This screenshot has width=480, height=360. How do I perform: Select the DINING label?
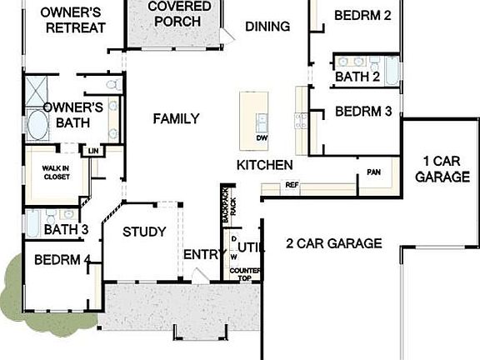point(267,27)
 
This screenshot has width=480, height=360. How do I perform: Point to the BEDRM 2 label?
point(362,15)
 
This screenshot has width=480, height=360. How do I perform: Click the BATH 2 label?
point(358,77)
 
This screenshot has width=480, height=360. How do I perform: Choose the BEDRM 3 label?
point(362,111)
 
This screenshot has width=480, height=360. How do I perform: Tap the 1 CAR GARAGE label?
point(442,168)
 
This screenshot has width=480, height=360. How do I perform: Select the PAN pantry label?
point(374,173)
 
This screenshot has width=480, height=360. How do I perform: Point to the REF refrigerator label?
point(292,185)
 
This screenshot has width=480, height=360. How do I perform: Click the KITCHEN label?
point(264,165)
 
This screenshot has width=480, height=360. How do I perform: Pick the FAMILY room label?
point(176,119)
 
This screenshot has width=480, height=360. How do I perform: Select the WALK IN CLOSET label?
point(56,172)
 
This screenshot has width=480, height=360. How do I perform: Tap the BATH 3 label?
point(67,229)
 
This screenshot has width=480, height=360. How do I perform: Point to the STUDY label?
point(144,232)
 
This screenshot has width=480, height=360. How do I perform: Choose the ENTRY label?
point(200,254)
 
